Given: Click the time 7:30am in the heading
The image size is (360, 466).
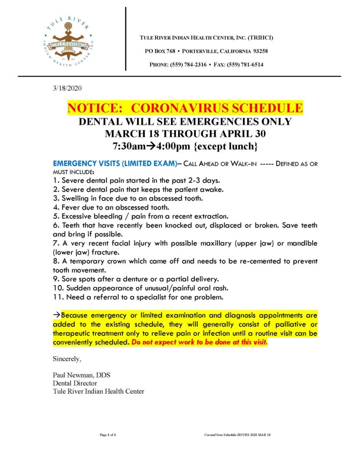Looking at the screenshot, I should click(x=130, y=147).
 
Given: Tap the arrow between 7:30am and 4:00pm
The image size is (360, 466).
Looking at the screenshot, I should click(x=154, y=147).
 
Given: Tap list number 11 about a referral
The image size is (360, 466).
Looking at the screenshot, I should click(x=58, y=297).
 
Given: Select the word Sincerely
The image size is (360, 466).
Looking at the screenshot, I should click(x=67, y=359).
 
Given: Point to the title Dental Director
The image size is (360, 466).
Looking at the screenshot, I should click(x=75, y=383).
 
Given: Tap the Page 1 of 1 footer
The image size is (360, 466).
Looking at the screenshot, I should click(x=108, y=435).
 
